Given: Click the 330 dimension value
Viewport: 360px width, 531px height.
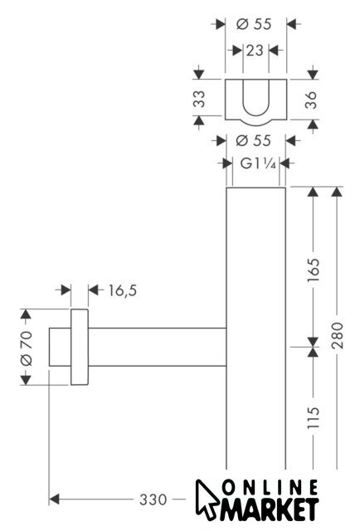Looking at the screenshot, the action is [x=153, y=499].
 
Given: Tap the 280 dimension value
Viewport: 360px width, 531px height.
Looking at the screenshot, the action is [x=338, y=335].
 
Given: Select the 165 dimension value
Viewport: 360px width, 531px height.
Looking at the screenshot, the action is [x=314, y=270].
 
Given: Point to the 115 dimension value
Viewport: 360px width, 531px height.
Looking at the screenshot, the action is [x=314, y=417].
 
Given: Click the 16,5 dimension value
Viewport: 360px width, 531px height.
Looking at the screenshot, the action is [x=123, y=290].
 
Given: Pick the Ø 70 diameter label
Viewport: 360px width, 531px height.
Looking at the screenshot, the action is [x=27, y=348].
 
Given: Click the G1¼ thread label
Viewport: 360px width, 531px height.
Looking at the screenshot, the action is [x=258, y=164].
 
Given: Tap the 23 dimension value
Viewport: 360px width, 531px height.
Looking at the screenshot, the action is [x=255, y=51].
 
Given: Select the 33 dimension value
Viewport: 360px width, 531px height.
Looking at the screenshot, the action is [x=199, y=99].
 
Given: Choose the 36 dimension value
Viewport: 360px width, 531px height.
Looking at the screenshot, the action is [x=310, y=100].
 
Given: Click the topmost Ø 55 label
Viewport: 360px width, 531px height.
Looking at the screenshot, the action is [x=254, y=24].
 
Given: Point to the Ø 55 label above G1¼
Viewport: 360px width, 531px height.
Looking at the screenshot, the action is [x=253, y=141].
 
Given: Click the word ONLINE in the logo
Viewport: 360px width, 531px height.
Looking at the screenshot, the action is [x=270, y=489].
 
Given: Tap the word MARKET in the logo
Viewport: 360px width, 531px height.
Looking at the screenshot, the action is [x=270, y=509].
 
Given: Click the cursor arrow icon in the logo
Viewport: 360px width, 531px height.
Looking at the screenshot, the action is [x=207, y=499].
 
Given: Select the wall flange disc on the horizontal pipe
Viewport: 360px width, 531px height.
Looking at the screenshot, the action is [x=80, y=347].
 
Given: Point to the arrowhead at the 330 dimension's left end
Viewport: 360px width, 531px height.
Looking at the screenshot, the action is [x=54, y=499].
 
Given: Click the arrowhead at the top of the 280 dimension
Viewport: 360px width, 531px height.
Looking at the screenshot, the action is [x=336, y=192].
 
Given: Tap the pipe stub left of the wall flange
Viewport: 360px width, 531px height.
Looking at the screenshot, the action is [x=60, y=347].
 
